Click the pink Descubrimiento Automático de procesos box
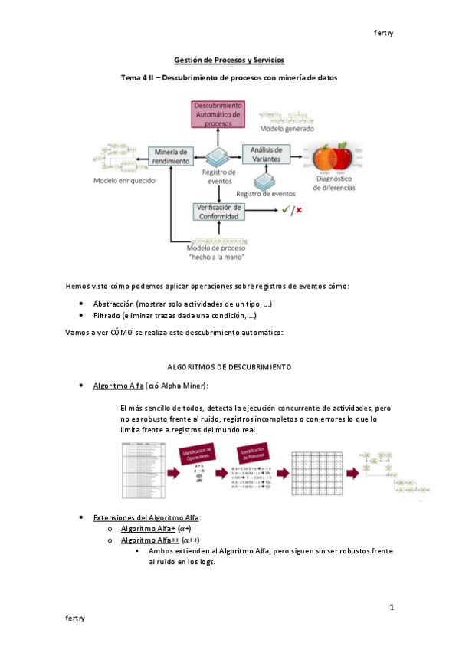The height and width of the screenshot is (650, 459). click(218, 113)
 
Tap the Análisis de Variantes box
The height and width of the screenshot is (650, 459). click(266, 154)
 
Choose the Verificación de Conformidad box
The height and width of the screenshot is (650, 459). click(219, 212)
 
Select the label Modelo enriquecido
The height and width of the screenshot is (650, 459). click(124, 181)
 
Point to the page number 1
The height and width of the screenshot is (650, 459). click(392, 608)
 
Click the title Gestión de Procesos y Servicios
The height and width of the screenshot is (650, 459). click(229, 60)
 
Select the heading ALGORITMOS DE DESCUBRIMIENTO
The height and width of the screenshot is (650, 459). click(229, 367)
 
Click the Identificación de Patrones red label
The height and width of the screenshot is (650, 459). click(257, 458)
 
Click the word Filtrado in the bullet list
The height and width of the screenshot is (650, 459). click(110, 316)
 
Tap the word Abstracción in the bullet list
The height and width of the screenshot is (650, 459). click(116, 304)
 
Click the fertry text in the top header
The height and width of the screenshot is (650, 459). click(383, 33)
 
